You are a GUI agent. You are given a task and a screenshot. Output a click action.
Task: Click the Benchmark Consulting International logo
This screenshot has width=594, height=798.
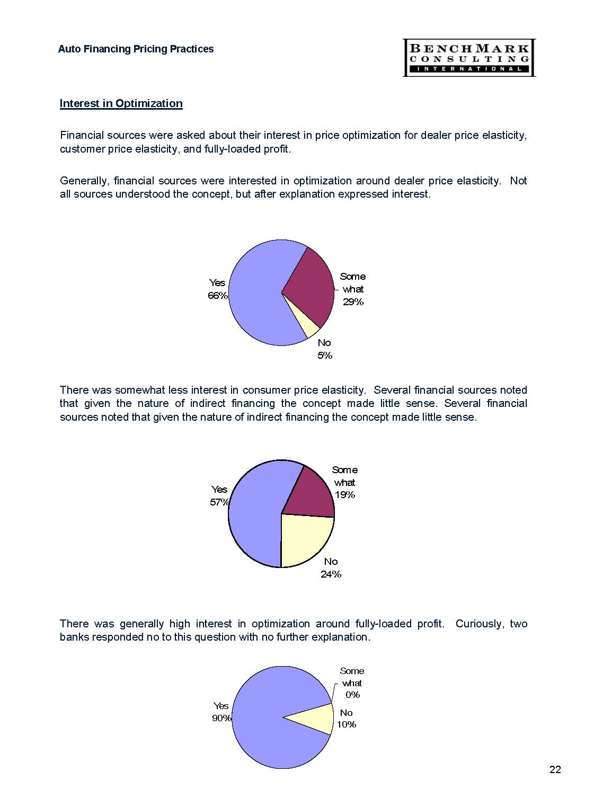[x=469, y=57]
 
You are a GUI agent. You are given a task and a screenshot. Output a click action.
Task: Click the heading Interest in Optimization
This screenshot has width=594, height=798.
[x=121, y=103]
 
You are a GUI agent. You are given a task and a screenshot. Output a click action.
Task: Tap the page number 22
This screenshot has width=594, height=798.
[x=555, y=769]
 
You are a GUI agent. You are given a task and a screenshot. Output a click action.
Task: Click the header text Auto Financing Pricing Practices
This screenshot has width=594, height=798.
[x=136, y=49]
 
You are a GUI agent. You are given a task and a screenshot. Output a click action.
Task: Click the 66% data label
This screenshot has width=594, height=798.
[x=217, y=296]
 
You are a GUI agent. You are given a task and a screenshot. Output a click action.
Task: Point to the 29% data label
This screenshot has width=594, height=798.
[x=353, y=302]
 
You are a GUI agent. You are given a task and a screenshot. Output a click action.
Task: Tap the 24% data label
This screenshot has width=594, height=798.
[x=331, y=574]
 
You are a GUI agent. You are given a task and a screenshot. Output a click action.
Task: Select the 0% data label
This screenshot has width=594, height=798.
[x=352, y=695]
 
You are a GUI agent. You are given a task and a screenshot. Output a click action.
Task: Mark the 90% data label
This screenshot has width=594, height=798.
[x=222, y=718]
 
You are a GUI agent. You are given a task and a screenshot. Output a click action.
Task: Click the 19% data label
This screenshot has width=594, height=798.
[x=345, y=495]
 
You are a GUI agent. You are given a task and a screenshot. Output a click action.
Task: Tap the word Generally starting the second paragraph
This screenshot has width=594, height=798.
[x=85, y=181]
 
